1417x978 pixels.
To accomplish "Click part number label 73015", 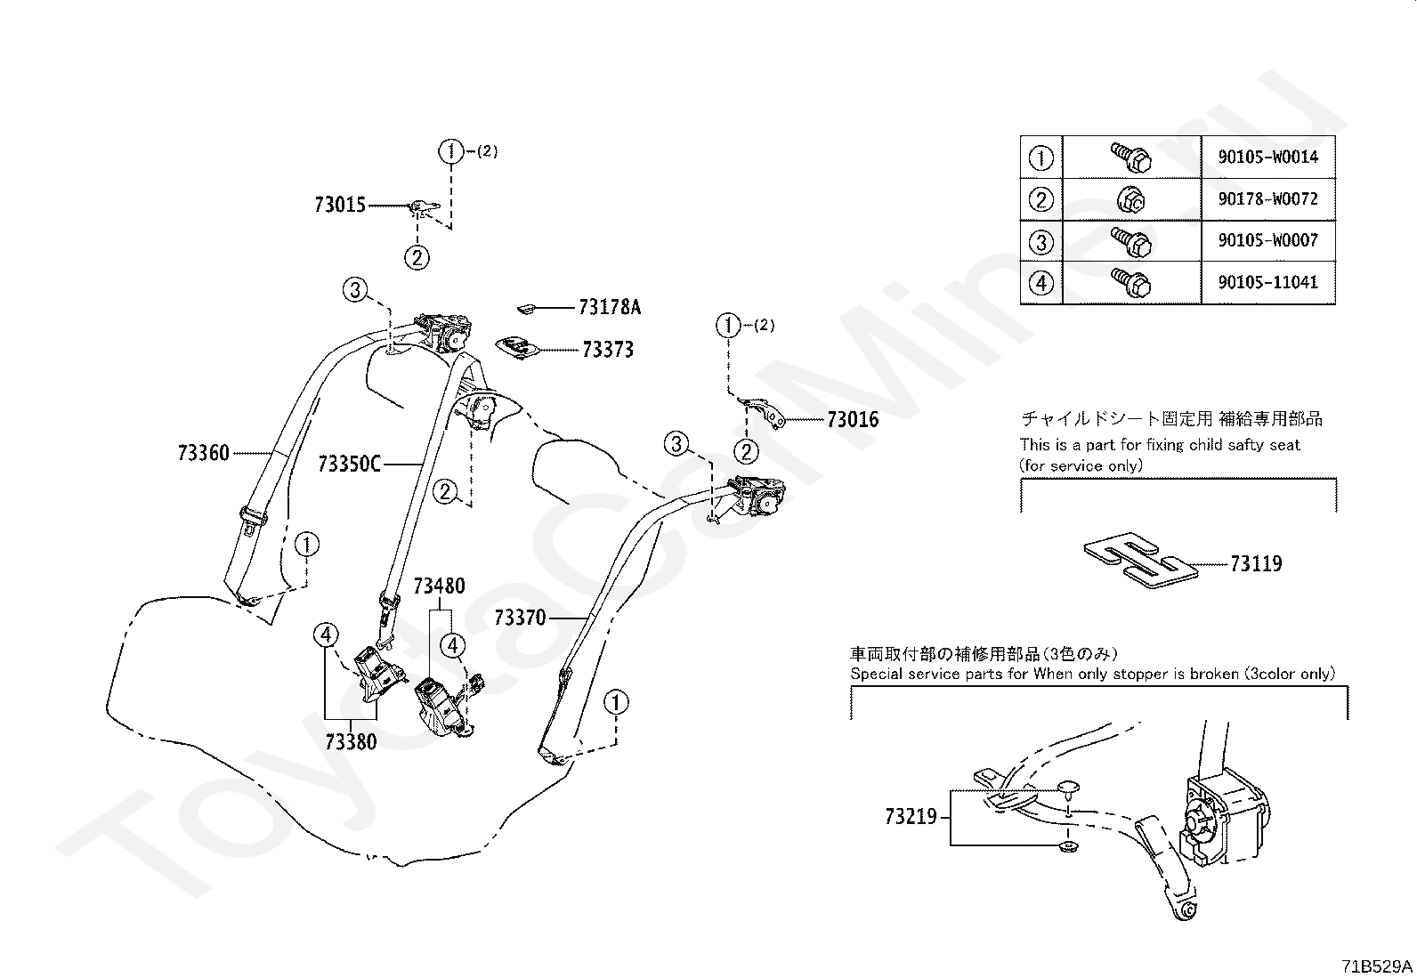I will tap(340, 205).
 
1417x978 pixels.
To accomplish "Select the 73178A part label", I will tap(609, 307).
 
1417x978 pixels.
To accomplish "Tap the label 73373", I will tap(608, 350).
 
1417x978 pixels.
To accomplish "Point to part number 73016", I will tap(853, 419).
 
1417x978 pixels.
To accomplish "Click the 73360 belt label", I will tap(203, 453).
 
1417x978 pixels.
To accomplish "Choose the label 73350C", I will tap(349, 464).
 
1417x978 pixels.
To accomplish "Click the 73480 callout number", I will tap(439, 586).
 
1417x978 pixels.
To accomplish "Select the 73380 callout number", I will tap(351, 741).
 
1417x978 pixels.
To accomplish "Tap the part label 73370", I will tap(520, 617).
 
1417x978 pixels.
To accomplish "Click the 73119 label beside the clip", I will tap(1256, 563).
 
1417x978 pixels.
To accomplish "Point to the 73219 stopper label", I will tap(911, 815).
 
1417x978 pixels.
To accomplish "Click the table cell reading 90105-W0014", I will tap(1268, 158).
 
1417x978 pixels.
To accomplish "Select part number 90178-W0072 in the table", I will tap(1268, 199).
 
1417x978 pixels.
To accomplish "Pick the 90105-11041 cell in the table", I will tap(1268, 282).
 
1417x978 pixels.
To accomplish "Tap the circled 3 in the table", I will tap(1040, 241).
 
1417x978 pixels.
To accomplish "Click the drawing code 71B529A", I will tap(1377, 966).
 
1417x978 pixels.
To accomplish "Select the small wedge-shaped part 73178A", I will tap(526, 308).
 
